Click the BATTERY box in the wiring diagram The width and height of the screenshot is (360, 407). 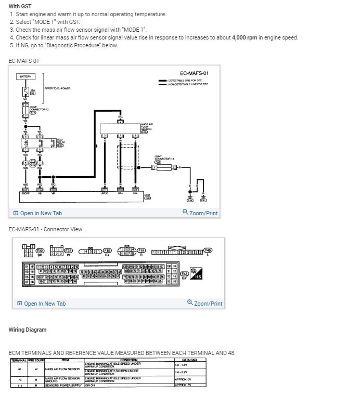pyautogui.click(x=25, y=76)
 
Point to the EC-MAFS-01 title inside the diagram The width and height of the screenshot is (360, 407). pyautogui.click(x=194, y=73)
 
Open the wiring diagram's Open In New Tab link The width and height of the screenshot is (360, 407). pyautogui.click(x=37, y=213)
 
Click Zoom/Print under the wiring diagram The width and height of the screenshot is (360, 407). pyautogui.click(x=200, y=213)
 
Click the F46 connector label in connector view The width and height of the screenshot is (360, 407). pyautogui.click(x=209, y=250)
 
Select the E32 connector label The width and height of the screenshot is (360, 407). pyautogui.click(x=40, y=251)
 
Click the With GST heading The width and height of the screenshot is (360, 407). pyautogui.click(x=20, y=6)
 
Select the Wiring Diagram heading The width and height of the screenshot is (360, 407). pyautogui.click(x=28, y=330)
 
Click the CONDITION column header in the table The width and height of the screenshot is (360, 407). pyautogui.click(x=128, y=360)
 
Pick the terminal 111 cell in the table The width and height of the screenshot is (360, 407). pyautogui.click(x=19, y=385)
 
